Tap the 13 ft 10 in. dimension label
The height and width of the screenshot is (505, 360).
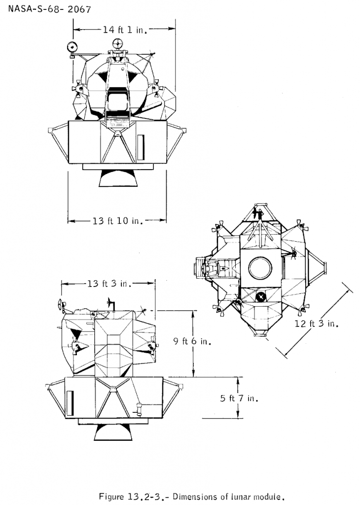[x=117, y=221]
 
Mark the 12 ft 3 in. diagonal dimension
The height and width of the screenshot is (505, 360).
[x=318, y=324]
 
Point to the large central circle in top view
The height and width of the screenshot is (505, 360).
[x=260, y=268]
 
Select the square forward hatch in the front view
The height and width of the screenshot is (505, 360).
[x=117, y=103]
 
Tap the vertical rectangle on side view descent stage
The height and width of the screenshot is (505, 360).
[x=70, y=402]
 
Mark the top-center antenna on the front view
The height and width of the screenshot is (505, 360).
[x=117, y=44]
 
